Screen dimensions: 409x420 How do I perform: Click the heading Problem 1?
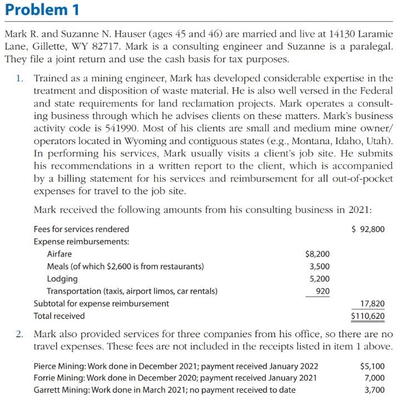[x=42, y=10]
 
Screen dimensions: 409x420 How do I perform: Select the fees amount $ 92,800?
[x=368, y=229]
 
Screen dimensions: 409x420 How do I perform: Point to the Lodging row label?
[x=62, y=278]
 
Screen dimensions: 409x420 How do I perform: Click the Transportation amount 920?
[x=322, y=290]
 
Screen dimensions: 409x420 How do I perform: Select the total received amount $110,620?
[x=368, y=316]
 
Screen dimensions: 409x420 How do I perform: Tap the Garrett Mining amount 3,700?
[x=374, y=390]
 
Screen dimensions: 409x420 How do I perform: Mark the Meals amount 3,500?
[x=319, y=266]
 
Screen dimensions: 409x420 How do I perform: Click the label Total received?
[x=59, y=316]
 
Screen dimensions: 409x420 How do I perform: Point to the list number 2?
[x=20, y=334]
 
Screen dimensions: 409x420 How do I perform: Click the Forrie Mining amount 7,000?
[x=374, y=378]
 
